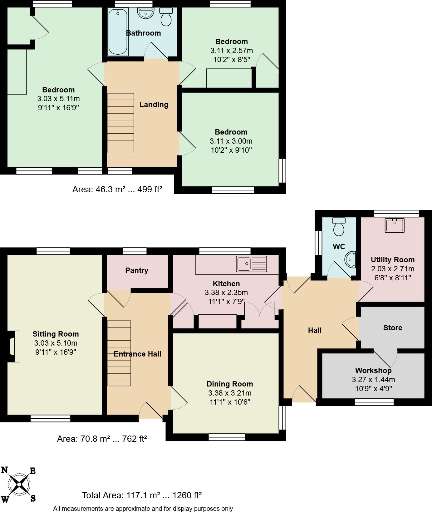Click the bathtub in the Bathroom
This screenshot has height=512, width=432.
(x=118, y=32)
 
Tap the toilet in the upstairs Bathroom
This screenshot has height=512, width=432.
(x=166, y=17)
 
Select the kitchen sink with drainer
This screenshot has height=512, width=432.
(x=252, y=264)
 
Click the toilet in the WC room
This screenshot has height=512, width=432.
(x=339, y=226)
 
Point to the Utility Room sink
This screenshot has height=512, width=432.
(x=395, y=225)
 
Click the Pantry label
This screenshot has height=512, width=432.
(x=137, y=270)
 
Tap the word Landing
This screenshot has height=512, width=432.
(x=154, y=105)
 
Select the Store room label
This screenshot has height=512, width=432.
(x=392, y=328)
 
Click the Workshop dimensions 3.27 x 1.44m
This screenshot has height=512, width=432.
(x=373, y=380)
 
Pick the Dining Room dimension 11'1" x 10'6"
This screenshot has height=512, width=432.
(x=230, y=402)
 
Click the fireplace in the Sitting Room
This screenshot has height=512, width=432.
(x=14, y=347)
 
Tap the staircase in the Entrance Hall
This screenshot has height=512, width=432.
(x=119, y=353)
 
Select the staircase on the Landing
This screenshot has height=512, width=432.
(x=120, y=123)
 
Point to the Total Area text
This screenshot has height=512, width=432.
(x=142, y=495)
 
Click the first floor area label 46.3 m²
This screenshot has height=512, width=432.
(x=117, y=189)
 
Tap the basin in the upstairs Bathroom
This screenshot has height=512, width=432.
(x=146, y=13)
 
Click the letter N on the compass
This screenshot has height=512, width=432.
(x=5, y=470)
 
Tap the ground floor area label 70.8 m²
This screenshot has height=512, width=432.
(x=102, y=439)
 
